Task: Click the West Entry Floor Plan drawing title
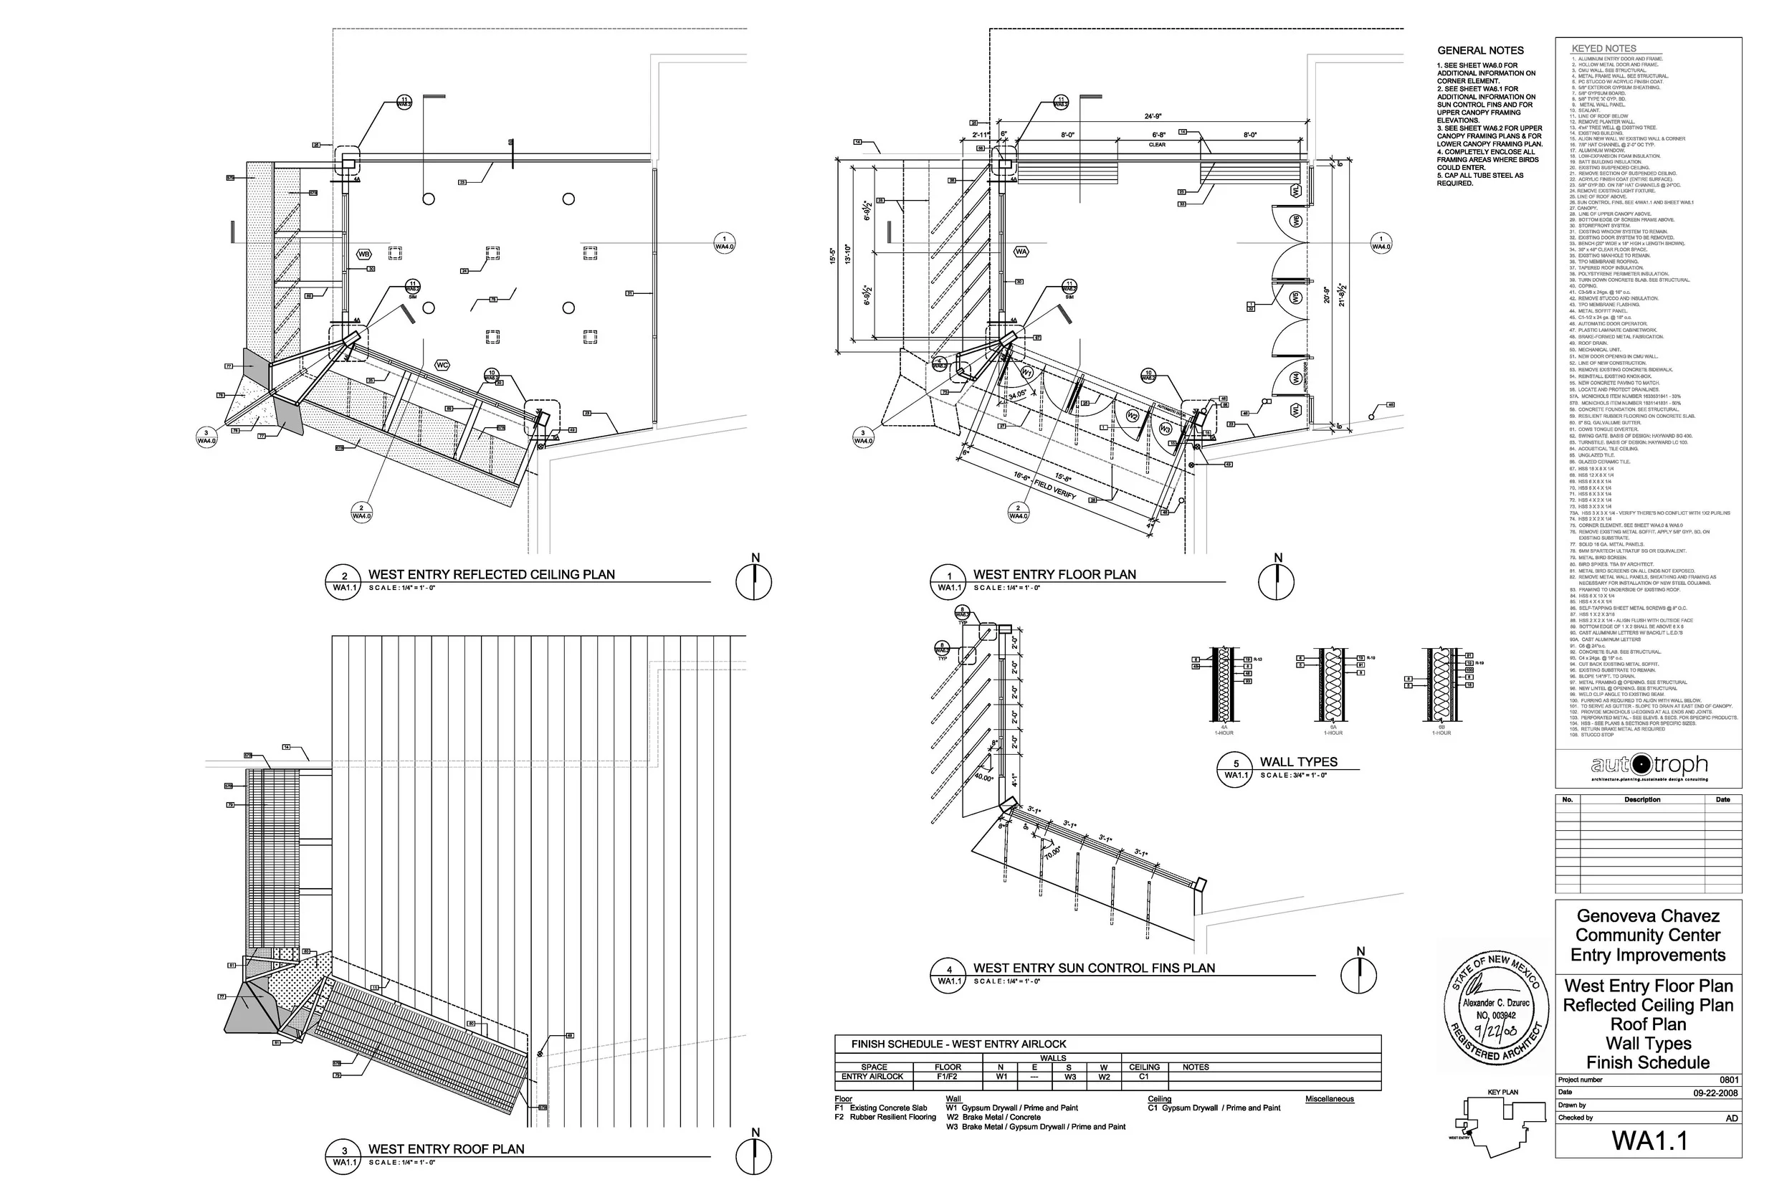click(x=1054, y=575)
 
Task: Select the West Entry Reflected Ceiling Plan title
click(x=492, y=575)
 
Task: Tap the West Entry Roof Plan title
click(x=447, y=1149)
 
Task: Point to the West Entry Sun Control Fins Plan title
click(x=1094, y=968)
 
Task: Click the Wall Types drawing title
click(x=1298, y=762)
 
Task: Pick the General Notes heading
click(x=1480, y=50)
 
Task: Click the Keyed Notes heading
click(x=1603, y=48)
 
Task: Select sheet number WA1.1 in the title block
click(x=1649, y=1141)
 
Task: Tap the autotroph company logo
click(x=1649, y=765)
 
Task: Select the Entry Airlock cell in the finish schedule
click(x=872, y=1077)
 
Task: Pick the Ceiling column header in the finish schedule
click(x=1145, y=1067)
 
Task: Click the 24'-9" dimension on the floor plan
click(x=1153, y=117)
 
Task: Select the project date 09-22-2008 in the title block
click(x=1715, y=1093)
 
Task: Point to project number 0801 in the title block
click(x=1729, y=1080)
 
